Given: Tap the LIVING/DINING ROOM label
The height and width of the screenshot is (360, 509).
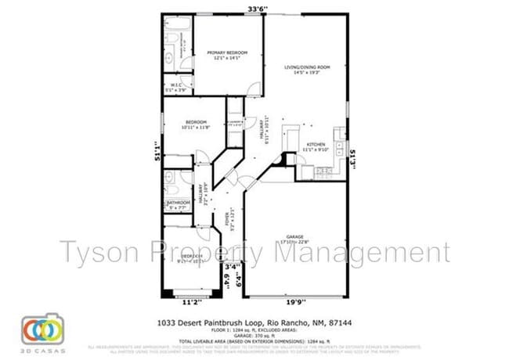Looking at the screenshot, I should [306, 68].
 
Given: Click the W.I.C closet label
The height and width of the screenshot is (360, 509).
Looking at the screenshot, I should [176, 86].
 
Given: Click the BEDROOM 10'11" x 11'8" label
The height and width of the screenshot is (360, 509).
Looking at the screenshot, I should [196, 121].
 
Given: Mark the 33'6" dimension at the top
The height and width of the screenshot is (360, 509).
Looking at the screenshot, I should [258, 9].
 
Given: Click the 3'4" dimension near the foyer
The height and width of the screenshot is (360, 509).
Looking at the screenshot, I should [232, 268].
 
